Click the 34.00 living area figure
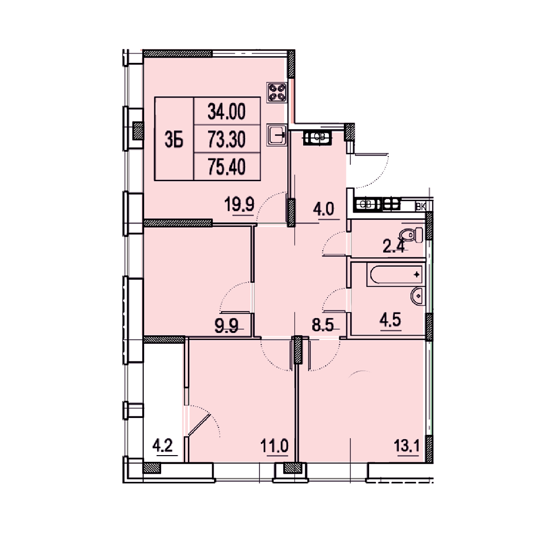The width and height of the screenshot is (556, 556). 227,112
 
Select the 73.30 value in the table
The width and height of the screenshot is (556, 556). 227,140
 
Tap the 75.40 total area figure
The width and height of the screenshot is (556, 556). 227,167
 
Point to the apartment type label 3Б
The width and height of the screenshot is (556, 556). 174,140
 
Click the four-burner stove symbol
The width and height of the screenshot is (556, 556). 277,92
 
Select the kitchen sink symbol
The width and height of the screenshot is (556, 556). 277,135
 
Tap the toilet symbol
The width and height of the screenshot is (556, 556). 411,235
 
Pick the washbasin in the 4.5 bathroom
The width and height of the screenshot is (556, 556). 418,296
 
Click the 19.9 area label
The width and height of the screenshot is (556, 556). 239,204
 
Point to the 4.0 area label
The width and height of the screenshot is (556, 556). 323,209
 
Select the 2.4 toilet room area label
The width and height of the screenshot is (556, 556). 394,247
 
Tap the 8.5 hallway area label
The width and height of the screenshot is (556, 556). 323,325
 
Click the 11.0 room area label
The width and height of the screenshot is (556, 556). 274,446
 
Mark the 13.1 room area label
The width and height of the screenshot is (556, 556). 407,446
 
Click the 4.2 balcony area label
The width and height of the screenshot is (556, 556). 163,445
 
